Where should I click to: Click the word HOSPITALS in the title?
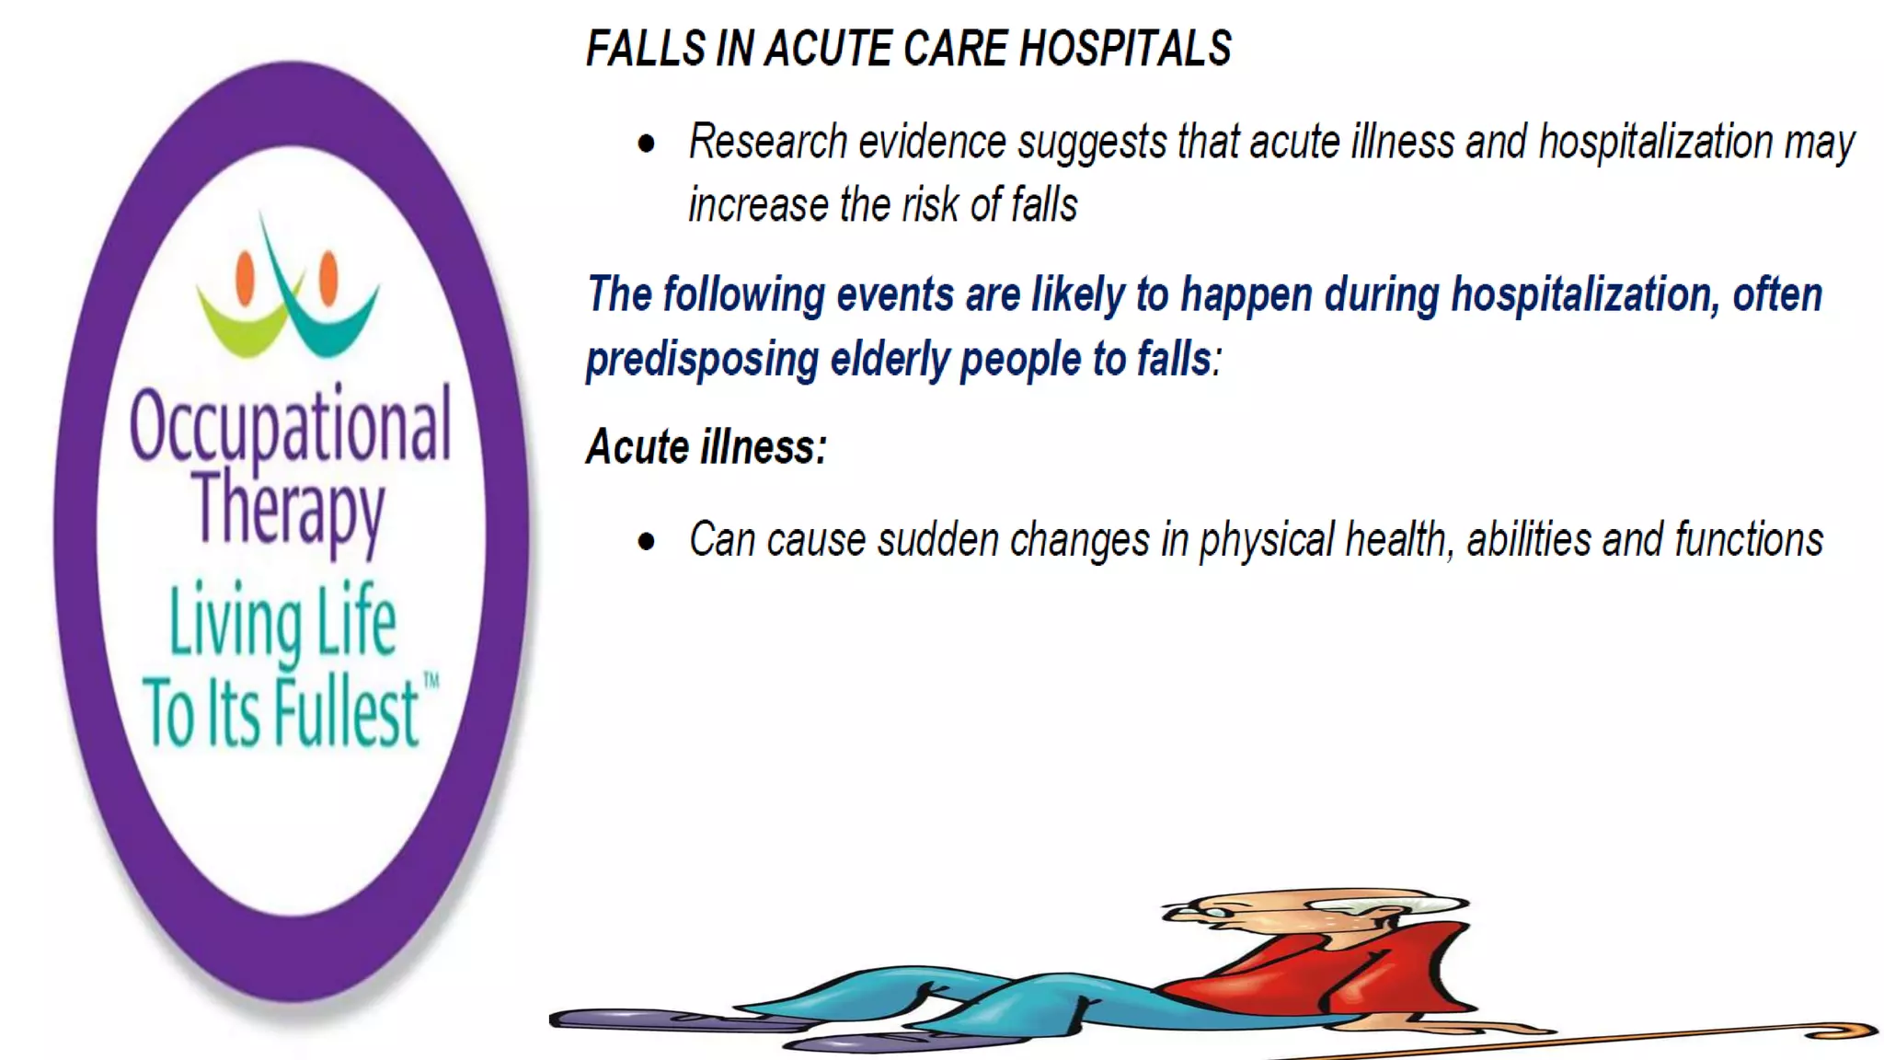point(1125,49)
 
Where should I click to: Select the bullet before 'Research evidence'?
point(647,144)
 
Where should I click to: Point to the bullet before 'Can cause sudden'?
point(647,542)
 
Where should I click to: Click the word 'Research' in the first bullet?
point(768,143)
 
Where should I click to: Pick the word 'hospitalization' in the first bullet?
point(1656,143)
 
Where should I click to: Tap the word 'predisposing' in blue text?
point(702,360)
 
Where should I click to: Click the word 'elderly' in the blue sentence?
point(890,360)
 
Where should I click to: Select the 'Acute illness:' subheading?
point(706,448)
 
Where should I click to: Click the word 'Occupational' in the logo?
point(290,425)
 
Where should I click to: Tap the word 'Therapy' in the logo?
point(289,509)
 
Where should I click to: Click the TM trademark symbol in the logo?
point(431,682)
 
